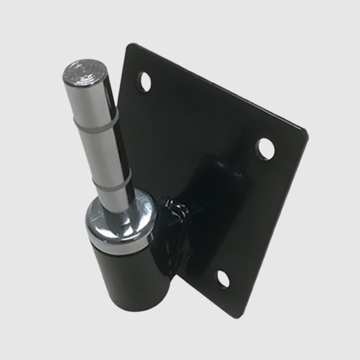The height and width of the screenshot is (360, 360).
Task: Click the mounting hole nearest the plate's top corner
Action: (144, 81)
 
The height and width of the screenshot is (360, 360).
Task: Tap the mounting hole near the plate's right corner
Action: (264, 147)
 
